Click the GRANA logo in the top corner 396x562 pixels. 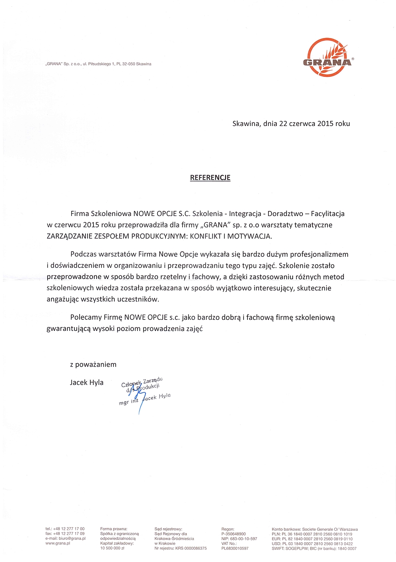click(327, 57)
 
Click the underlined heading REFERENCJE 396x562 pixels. click(210, 178)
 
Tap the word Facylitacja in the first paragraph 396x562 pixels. click(327, 214)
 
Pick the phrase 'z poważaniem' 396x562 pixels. click(93, 365)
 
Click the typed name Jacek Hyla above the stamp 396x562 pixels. click(87, 382)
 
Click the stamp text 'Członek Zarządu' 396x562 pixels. click(142, 382)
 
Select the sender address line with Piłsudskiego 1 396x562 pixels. click(99, 64)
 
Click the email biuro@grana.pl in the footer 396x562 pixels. click(70, 539)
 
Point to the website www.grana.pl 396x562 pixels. click(58, 543)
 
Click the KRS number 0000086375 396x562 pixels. click(191, 549)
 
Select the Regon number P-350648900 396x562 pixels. click(234, 534)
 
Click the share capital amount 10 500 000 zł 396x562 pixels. click(112, 549)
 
